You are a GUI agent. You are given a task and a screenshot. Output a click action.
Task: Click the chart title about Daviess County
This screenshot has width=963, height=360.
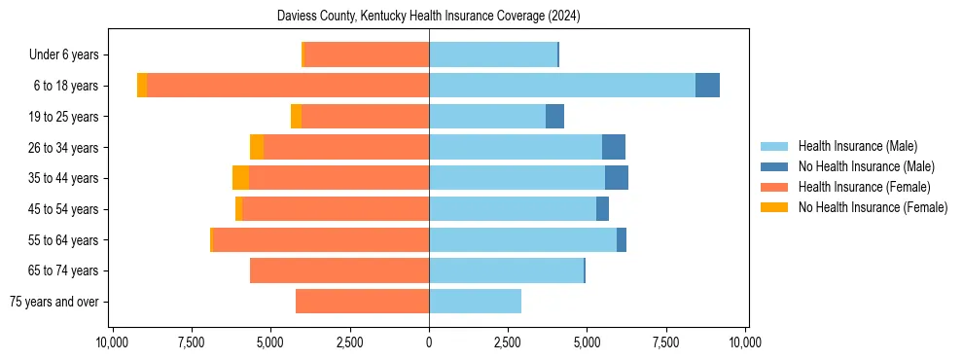(x=428, y=17)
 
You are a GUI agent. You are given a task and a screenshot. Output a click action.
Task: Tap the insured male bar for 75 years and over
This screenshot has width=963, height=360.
(x=475, y=302)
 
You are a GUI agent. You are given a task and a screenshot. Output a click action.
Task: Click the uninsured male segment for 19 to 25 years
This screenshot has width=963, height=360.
(x=554, y=117)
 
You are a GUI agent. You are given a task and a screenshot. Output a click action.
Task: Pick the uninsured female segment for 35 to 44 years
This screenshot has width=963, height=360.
(x=240, y=178)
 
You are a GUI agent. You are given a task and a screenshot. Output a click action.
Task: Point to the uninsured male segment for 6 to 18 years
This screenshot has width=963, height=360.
(x=707, y=86)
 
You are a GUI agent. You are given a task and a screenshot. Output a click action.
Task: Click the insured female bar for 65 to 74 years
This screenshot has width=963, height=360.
(x=339, y=270)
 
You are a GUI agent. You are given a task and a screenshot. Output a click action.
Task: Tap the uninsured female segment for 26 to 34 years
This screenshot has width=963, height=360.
(x=257, y=147)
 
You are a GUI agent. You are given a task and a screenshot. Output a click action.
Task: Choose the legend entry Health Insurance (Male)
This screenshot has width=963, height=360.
(x=857, y=146)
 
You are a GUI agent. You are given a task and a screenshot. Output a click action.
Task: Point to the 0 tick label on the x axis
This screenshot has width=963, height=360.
(x=429, y=342)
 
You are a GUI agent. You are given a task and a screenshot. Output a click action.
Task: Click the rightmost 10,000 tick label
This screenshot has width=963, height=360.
(x=745, y=342)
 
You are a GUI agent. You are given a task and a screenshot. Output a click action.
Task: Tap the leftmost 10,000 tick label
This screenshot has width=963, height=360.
(x=113, y=342)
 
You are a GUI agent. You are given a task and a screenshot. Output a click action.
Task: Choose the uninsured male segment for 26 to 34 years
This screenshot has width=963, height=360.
(x=614, y=147)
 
